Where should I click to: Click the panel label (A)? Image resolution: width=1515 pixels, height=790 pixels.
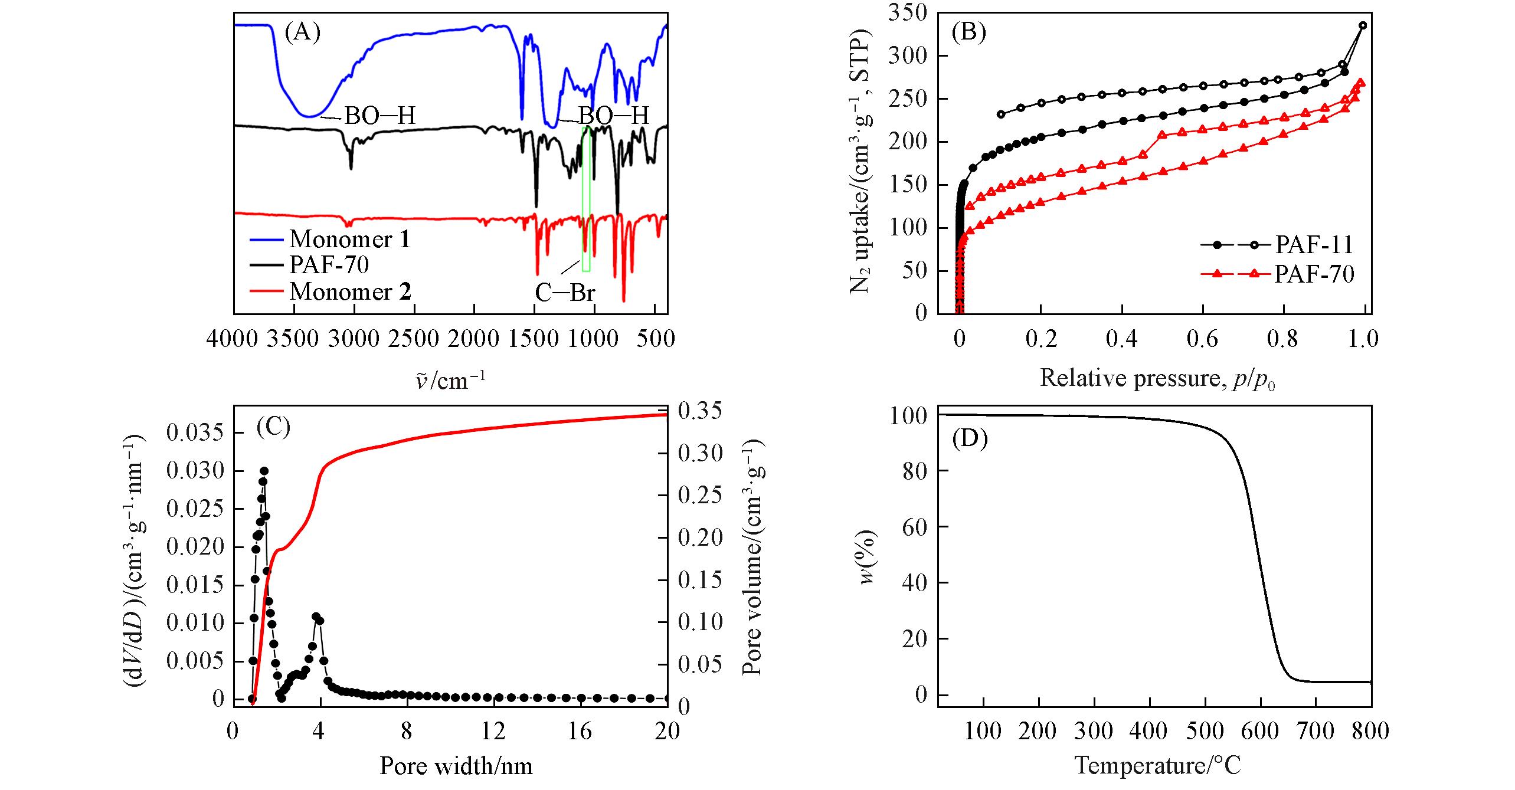tap(302, 32)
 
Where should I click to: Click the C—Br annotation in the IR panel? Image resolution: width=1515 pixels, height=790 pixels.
tap(565, 293)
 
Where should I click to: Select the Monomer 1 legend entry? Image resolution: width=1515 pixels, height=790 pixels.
tap(349, 240)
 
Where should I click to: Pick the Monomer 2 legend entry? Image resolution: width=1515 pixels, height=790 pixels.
tap(350, 292)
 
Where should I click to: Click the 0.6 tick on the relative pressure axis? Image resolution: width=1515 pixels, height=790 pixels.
tap(1203, 339)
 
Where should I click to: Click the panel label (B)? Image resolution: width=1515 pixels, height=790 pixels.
tap(970, 32)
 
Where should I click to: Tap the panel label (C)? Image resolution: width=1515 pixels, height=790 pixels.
tap(273, 427)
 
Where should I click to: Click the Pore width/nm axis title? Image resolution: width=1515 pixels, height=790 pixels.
tap(456, 766)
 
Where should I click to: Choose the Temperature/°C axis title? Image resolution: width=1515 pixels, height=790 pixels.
tap(1157, 766)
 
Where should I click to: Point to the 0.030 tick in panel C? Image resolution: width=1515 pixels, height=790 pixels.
tap(195, 471)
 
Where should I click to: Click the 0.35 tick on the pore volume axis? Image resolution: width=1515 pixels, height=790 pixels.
tap(700, 411)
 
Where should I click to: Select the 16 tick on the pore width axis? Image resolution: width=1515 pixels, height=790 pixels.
tap(581, 732)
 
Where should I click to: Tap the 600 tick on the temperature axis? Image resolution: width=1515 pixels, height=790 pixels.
tap(1260, 732)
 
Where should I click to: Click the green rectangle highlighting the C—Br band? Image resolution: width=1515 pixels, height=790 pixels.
tap(586, 199)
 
